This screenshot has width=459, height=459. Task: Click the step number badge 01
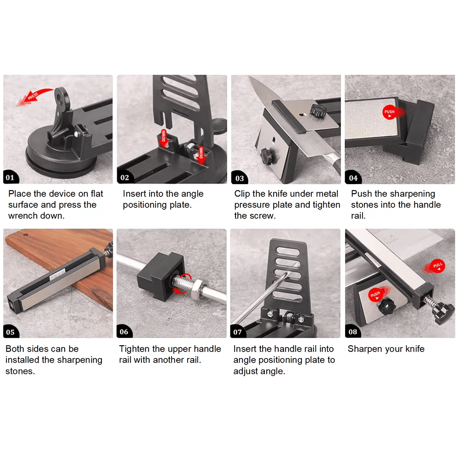(x=11, y=177)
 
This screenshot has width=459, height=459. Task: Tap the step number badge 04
(x=353, y=177)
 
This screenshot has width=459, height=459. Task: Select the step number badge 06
(x=124, y=331)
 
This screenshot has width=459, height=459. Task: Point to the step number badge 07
(x=238, y=331)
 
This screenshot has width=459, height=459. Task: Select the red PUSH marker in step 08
(x=377, y=294)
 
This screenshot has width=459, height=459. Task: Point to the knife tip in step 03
(x=250, y=77)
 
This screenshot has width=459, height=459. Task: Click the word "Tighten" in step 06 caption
(x=134, y=349)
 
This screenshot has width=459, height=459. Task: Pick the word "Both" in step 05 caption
(x=14, y=349)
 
